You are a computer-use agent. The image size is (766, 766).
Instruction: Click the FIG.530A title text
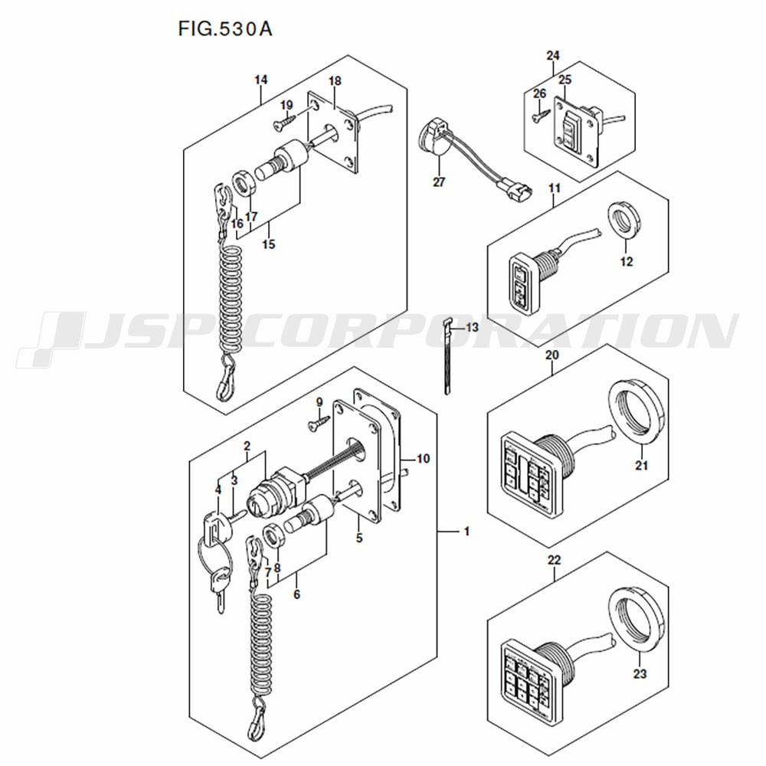point(226,29)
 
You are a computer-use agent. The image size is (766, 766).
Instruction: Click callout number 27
point(438,182)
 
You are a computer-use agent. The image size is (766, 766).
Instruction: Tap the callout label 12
point(627,262)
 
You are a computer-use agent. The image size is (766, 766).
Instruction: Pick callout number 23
point(640,674)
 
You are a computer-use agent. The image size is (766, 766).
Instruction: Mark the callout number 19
point(286,104)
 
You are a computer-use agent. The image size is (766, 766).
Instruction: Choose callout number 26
point(539,93)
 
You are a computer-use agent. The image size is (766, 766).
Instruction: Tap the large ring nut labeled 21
point(635,410)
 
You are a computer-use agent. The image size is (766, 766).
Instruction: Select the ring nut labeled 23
point(635,617)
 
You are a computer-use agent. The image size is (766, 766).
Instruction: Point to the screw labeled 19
point(284,119)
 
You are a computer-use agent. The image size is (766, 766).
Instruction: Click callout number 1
point(467,531)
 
